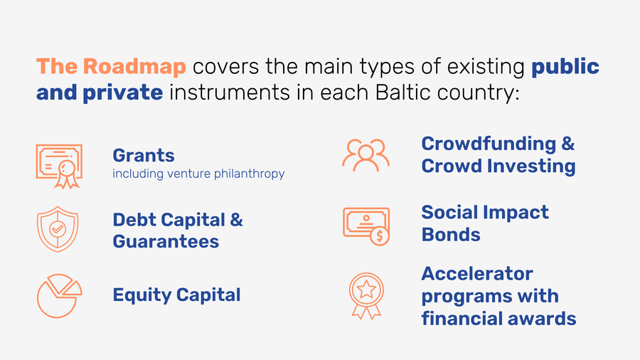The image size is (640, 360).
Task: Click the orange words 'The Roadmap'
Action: [x=111, y=67]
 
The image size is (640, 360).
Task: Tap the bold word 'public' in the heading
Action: [x=565, y=67]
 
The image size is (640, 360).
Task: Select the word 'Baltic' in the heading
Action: [x=402, y=92]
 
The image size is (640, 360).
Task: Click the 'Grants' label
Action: [x=144, y=156]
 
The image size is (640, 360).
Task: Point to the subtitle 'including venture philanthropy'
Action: [x=198, y=174]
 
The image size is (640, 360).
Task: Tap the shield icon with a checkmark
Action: [x=58, y=229]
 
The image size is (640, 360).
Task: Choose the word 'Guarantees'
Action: [x=166, y=241]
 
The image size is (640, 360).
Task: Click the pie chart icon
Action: [x=59, y=296]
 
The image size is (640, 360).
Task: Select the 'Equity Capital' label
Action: [x=176, y=295]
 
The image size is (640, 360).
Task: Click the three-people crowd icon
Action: [x=366, y=156]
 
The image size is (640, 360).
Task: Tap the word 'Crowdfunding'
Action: [x=489, y=144]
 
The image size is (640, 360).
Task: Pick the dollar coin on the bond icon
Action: [x=380, y=236]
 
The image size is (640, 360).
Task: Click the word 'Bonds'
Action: [x=451, y=235]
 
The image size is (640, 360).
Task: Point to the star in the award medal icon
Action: [x=366, y=290]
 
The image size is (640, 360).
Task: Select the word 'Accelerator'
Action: [x=477, y=273]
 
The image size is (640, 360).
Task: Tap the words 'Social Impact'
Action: [x=485, y=212]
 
